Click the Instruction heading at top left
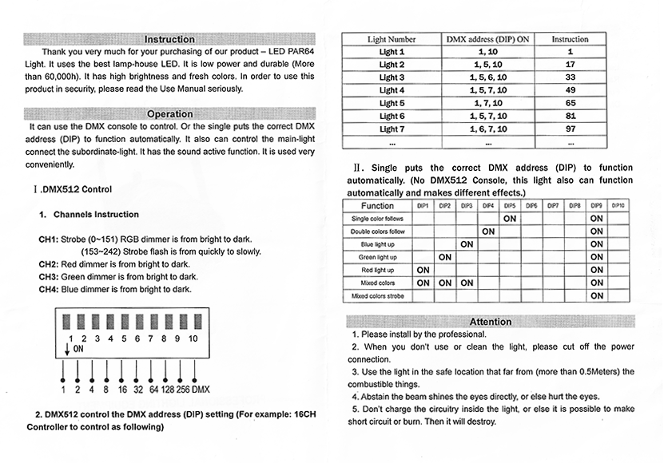tap(169, 39)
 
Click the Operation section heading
tap(169, 114)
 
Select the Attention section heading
tap(490, 322)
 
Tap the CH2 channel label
tap(49, 264)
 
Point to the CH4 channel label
tap(49, 290)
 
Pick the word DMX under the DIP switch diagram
tap(201, 390)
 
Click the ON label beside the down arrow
tap(78, 349)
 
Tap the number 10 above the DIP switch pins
tap(193, 338)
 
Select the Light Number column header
tap(392, 39)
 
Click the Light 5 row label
tap(392, 103)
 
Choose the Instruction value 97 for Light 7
tap(571, 129)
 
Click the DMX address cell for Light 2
tap(487, 65)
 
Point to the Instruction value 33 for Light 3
tap(571, 77)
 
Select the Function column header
tap(377, 206)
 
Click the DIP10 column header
tap(618, 206)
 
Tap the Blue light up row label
tap(377, 244)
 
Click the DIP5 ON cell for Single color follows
tap(510, 219)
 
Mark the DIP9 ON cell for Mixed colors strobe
tap(597, 296)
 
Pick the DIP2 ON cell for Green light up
tap(445, 257)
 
